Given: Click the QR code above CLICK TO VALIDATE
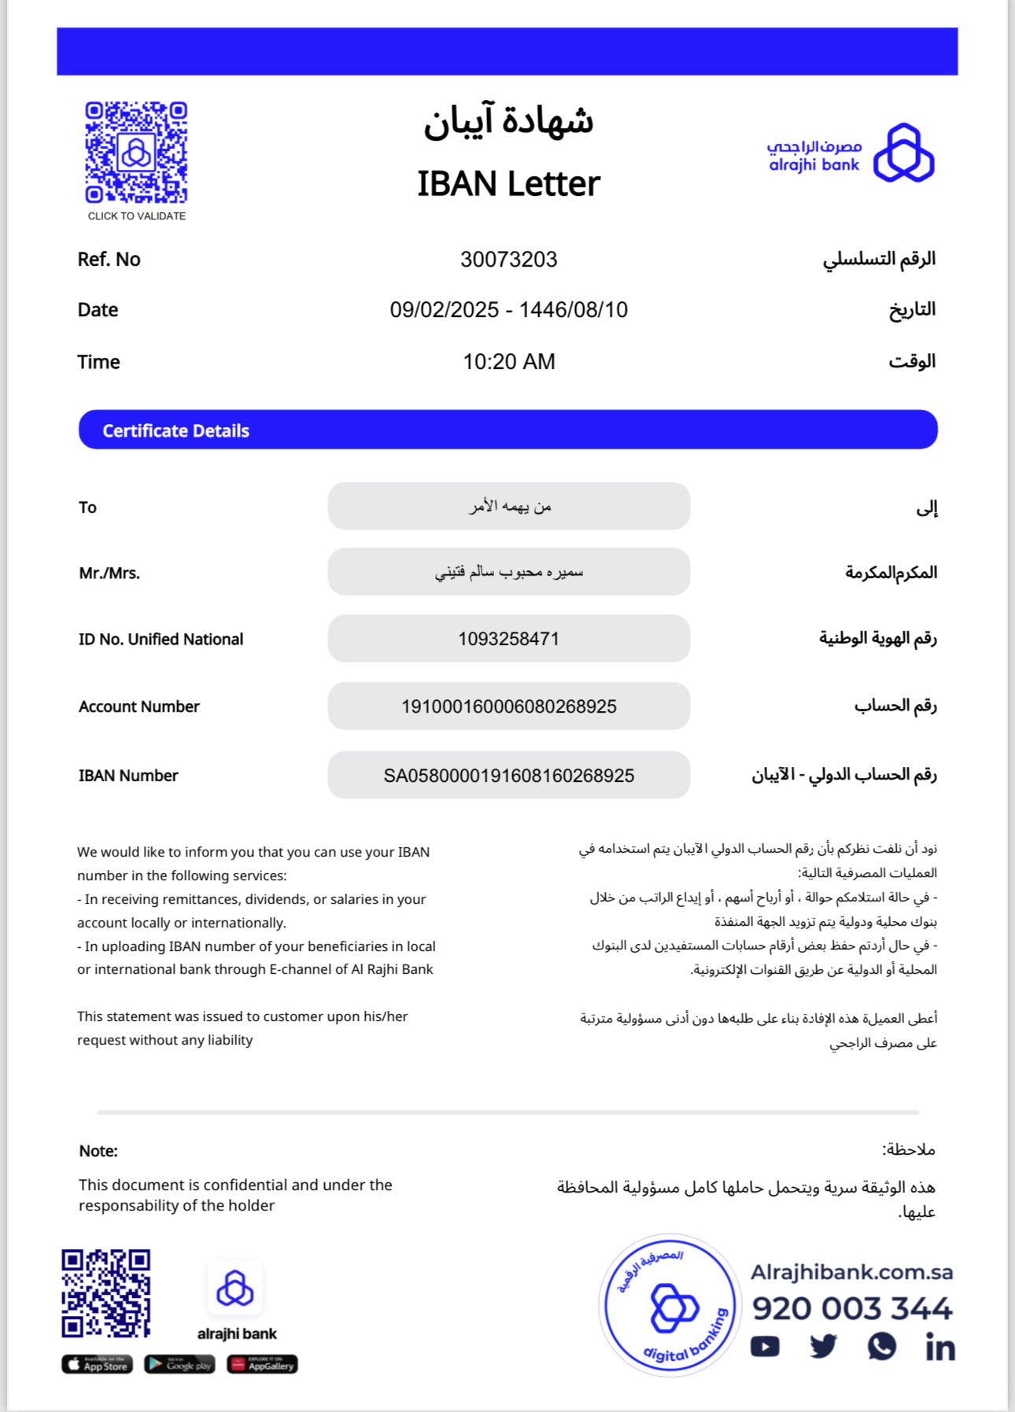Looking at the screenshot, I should [x=136, y=152].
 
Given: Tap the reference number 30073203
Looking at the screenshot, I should [x=508, y=260].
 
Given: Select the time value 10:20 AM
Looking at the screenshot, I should [x=508, y=362].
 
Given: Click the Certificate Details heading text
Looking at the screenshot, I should [x=175, y=431].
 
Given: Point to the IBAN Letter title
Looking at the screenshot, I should [x=508, y=184].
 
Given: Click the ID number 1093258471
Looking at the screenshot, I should [x=508, y=639].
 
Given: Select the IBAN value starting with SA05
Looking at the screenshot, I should [x=508, y=776].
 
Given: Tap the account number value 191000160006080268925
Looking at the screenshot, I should [x=508, y=706].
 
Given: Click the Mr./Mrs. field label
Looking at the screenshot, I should [x=109, y=573].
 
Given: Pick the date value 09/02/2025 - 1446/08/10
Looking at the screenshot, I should [x=508, y=310].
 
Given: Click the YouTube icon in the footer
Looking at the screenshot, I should [x=765, y=1347].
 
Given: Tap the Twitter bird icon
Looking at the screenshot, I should [x=823, y=1347].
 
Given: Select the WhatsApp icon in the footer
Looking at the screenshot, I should [x=882, y=1347].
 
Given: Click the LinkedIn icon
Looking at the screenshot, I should [x=940, y=1347].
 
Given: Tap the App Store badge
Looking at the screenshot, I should [x=98, y=1364].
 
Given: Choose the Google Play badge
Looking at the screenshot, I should [x=179, y=1364].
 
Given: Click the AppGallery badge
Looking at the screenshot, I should [x=262, y=1364].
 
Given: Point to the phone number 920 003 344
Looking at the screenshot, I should [x=852, y=1309].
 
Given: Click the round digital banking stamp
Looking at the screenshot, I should [x=670, y=1306].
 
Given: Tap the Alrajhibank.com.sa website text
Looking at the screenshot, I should [x=851, y=1272].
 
